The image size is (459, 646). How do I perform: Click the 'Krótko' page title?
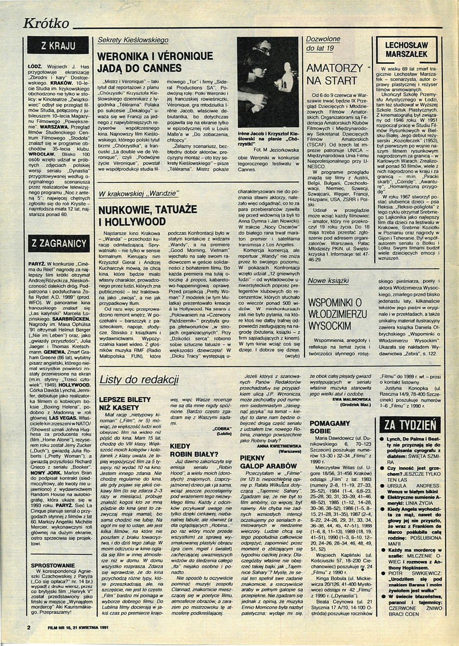click(47, 23)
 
